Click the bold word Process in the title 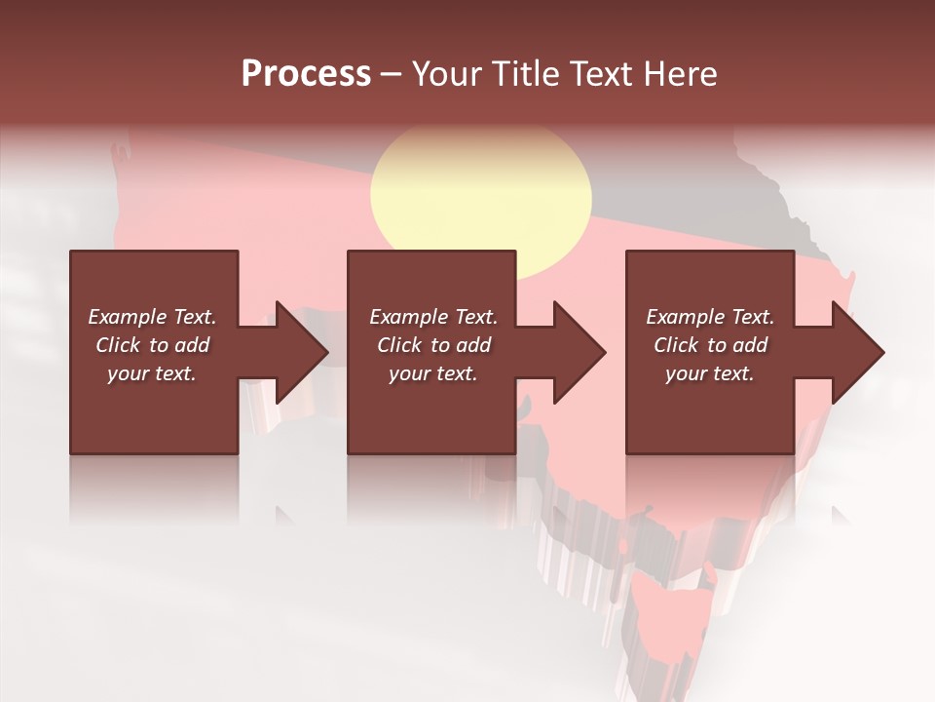[x=306, y=74]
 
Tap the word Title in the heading [x=525, y=74]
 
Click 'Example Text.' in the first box [x=152, y=317]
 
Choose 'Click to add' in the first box [x=152, y=345]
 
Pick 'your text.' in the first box [x=152, y=373]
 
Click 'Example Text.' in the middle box [x=432, y=317]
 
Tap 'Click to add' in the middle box [x=432, y=345]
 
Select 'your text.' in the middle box [x=432, y=373]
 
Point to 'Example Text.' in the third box [x=710, y=317]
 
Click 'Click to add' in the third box [x=710, y=345]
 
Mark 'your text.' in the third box [x=710, y=373]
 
